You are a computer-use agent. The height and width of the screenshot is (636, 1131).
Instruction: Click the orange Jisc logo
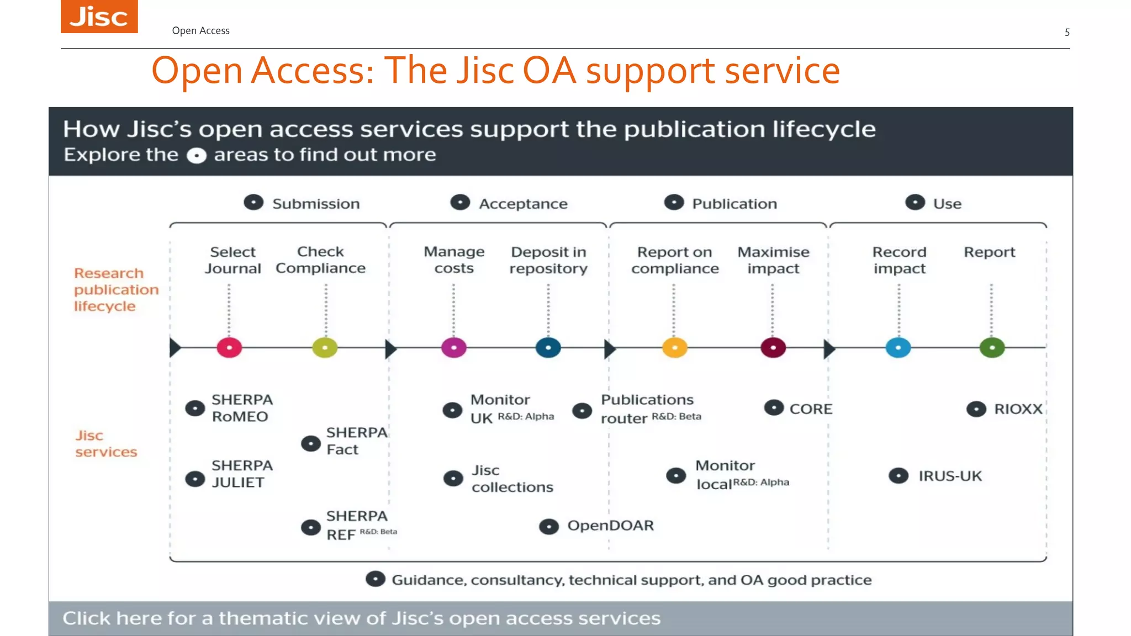tap(99, 17)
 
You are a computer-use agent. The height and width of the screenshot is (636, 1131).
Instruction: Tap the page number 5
tap(1067, 32)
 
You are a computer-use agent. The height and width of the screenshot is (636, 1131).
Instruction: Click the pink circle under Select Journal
tap(229, 348)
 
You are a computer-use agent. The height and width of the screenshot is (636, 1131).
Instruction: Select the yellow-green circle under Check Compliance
tap(325, 348)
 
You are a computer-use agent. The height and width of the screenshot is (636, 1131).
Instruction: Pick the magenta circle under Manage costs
tap(454, 348)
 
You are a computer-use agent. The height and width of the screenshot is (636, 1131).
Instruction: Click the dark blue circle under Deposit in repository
tap(548, 348)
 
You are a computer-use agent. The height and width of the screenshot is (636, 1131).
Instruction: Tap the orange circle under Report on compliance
tap(675, 348)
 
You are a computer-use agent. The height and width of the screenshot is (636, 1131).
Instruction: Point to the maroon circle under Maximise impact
tap(773, 348)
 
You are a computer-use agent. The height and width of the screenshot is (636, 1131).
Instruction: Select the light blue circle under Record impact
tap(899, 348)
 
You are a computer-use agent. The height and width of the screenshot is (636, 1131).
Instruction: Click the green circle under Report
tap(992, 348)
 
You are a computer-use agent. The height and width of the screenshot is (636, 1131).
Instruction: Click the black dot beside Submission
tap(253, 203)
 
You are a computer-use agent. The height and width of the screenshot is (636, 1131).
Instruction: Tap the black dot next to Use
tap(915, 203)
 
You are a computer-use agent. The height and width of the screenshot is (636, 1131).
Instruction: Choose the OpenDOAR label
tap(610, 526)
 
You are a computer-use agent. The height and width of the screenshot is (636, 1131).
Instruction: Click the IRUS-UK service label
tap(950, 476)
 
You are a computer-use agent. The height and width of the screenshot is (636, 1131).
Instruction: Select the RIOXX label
tap(1018, 409)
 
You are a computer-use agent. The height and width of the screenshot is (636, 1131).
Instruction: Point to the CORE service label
tap(811, 409)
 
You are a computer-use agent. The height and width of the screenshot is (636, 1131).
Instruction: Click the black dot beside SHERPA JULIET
tap(195, 479)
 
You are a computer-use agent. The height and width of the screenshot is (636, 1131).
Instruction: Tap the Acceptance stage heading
tap(523, 204)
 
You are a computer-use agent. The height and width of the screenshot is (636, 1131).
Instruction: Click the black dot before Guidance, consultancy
tap(376, 579)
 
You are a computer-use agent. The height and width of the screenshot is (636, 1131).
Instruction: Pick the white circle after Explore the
tap(197, 156)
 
